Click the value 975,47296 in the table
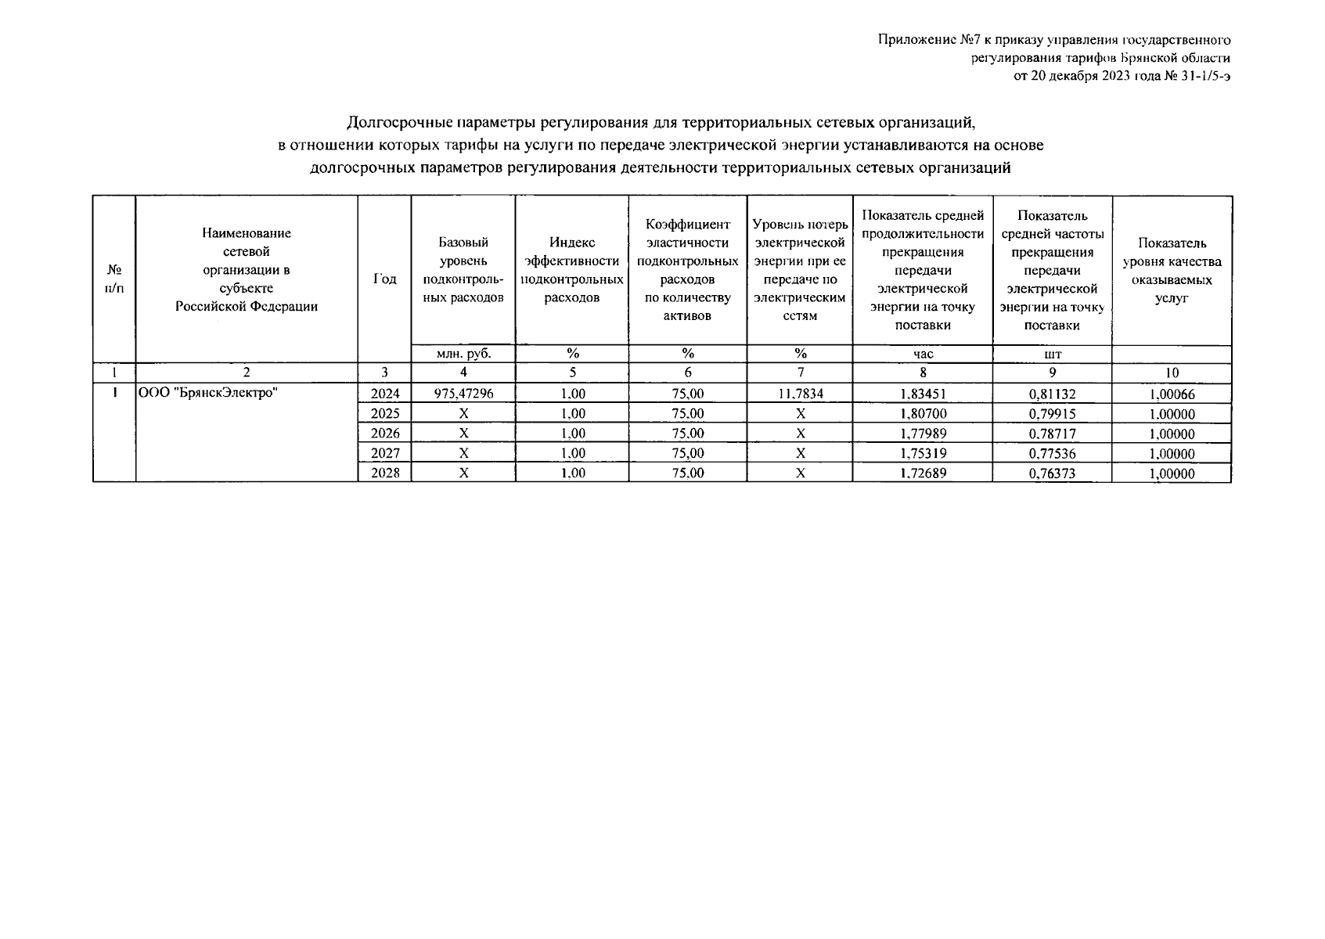[463, 394]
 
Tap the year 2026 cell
[384, 434]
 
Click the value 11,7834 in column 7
[800, 394]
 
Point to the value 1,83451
[923, 394]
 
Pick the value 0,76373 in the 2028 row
[1052, 473]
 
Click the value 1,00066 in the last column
[1172, 394]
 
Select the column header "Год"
[384, 279]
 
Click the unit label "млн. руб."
[463, 354]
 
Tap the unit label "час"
[923, 354]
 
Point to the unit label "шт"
[1052, 354]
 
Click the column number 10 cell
[1172, 373]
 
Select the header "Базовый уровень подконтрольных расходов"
[463, 270]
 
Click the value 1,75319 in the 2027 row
[923, 454]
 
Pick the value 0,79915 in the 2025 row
[1052, 414]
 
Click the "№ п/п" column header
[113, 279]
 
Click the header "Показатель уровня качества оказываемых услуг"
[1172, 270]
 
